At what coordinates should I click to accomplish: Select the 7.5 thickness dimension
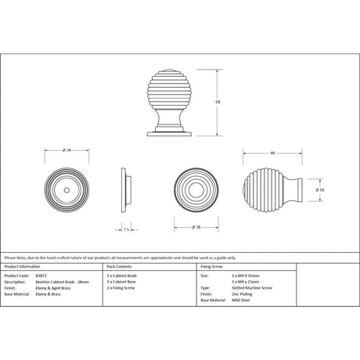[127, 229]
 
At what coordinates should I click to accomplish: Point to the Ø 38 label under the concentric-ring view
[193, 227]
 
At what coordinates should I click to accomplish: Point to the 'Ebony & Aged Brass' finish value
[52, 289]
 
